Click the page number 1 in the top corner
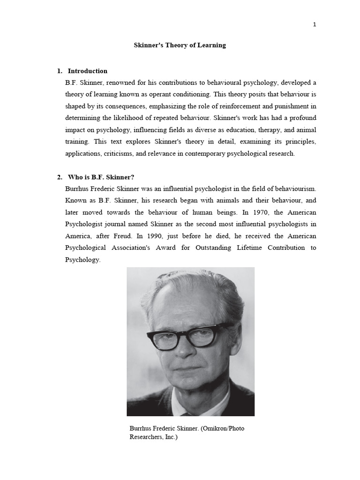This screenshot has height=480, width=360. click(315, 25)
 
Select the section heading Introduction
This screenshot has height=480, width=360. click(88, 71)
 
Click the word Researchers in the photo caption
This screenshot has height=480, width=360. click(147, 437)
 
